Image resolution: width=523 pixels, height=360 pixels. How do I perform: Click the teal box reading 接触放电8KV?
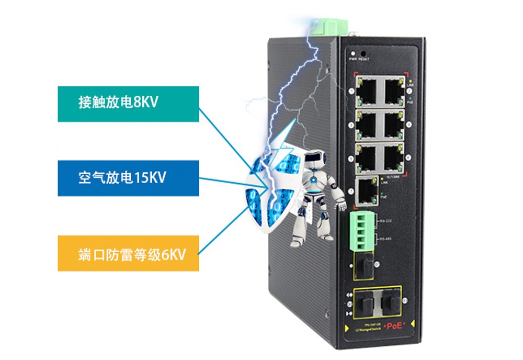click(128, 104)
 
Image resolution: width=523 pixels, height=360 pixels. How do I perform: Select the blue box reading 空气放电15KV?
click(128, 178)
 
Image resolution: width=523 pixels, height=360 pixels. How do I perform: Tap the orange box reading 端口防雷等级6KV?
click(128, 253)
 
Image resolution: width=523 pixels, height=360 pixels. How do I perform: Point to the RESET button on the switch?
click(362, 53)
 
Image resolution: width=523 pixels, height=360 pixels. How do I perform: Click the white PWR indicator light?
click(354, 53)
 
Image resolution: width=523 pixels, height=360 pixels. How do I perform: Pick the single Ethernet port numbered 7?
click(367, 190)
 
